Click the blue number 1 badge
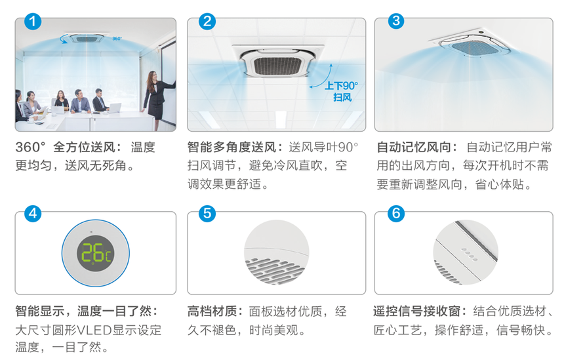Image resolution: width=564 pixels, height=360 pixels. [33, 21]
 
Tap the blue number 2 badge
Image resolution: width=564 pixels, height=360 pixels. [207, 21]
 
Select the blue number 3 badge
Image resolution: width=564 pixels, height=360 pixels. [396, 21]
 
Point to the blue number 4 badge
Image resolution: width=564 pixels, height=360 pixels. [33, 213]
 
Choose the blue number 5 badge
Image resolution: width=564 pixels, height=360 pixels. [207, 213]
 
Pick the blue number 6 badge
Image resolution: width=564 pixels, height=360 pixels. [396, 213]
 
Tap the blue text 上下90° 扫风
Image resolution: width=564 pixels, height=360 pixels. [341, 91]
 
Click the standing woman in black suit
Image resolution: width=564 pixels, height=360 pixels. [158, 100]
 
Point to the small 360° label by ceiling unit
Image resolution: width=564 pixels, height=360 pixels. [117, 39]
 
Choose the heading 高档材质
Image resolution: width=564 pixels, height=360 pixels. [212, 311]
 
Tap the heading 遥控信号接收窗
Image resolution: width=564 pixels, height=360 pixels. [417, 311]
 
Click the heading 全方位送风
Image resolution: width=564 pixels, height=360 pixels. [85, 147]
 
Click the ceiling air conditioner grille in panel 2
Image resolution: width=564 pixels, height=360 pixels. [277, 66]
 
